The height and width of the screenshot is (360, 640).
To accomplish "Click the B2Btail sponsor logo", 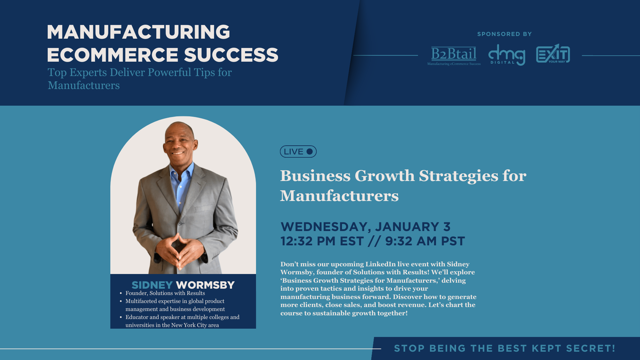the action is pos(454,56).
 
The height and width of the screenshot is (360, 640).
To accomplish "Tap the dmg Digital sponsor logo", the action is pos(507,55).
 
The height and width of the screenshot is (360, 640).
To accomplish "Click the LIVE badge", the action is pos(298,152).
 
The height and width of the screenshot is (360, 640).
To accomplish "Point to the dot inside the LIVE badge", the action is pos(310,152).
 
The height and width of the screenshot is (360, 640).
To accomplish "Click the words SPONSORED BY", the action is pos(504,34).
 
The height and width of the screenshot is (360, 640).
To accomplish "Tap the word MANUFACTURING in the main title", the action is pos(138,32).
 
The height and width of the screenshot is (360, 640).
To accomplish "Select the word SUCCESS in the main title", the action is pos(231,55).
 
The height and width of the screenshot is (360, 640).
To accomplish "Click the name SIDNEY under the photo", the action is pos(152,285).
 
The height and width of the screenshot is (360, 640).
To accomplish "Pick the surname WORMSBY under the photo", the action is pos(205,285).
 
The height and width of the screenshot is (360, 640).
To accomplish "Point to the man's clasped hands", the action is pos(180,250).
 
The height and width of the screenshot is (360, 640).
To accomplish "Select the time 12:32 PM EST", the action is pos(322,241).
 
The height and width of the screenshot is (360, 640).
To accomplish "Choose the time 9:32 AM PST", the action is pos(425,241).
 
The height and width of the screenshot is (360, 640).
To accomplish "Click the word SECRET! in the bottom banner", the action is pos(591,348).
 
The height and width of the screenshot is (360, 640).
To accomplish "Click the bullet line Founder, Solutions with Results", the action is pos(165,293).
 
